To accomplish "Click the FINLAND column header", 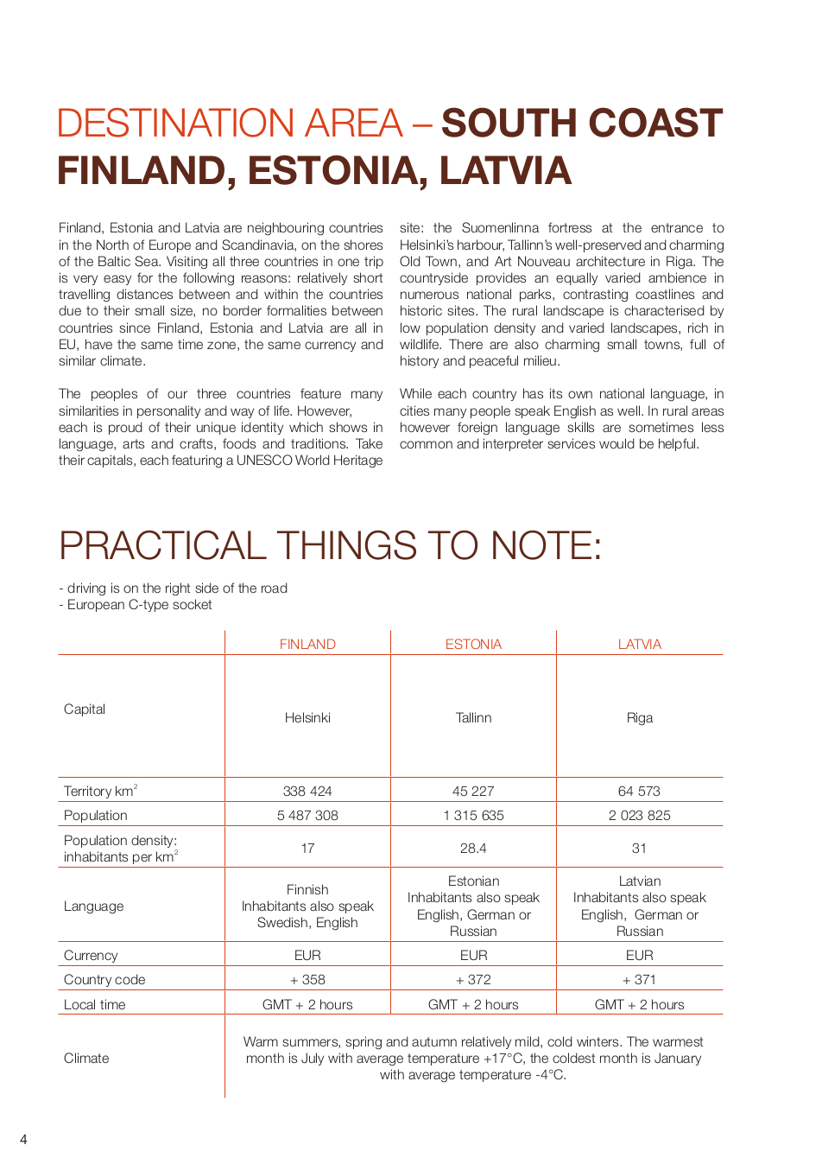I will point(307,644).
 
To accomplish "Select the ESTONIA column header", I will point(473,644).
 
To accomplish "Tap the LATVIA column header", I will point(639,644).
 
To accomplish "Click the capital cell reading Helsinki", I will point(307,717).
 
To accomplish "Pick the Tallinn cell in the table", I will point(473,717).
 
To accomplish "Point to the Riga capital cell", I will point(639,717).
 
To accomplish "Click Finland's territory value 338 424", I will point(307,791).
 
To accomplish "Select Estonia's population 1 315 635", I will point(473,815).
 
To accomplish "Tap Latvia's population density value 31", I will point(639,848).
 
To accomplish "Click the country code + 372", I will point(473,979).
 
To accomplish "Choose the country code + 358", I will point(307,979).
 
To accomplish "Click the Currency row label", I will point(91,955).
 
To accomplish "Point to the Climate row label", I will point(86,1058).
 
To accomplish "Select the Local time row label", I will point(94,1004).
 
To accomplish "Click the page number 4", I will point(23,1139).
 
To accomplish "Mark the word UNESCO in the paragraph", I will point(264,461).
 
